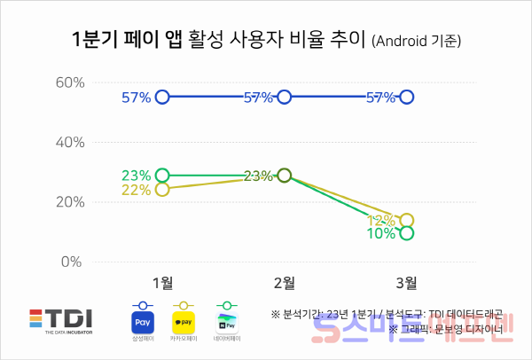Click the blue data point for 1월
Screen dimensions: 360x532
162,97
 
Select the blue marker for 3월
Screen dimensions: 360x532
406,97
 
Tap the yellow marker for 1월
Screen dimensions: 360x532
162,189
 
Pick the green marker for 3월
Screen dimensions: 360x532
406,233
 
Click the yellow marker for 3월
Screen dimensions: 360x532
406,221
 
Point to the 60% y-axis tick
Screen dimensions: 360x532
69,82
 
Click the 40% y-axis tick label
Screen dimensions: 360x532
69,142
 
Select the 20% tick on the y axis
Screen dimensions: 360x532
69,202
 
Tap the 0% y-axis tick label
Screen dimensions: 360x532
73,262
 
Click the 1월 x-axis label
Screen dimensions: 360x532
162,283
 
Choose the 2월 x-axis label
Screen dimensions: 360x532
284,283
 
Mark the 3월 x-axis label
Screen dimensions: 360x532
406,283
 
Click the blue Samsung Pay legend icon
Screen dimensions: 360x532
143,321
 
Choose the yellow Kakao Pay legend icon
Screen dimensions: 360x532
183,321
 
